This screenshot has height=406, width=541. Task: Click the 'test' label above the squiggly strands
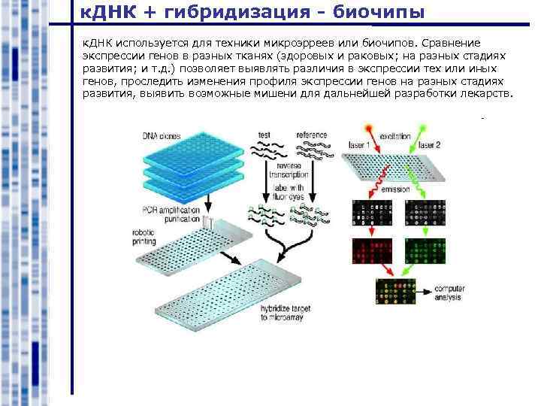click(x=264, y=135)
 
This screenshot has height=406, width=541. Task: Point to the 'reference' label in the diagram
click(x=311, y=135)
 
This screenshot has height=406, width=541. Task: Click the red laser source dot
click(x=368, y=128)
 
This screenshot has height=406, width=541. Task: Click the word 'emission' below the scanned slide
click(x=395, y=189)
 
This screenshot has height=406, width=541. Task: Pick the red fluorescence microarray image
click(x=370, y=253)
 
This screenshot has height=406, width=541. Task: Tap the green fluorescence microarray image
click(x=422, y=253)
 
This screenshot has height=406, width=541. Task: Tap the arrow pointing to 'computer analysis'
click(x=425, y=289)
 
